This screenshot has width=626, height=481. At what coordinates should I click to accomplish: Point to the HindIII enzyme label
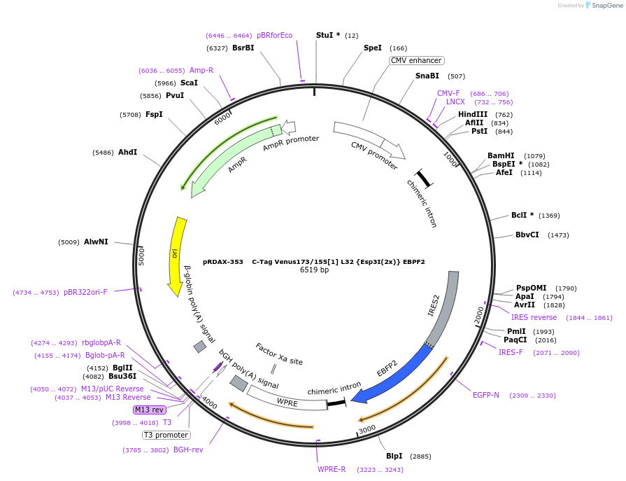[x=473, y=114]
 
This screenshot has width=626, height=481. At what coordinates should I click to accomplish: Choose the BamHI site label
[x=501, y=155]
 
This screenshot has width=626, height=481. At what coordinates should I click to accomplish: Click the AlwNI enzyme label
[x=96, y=242]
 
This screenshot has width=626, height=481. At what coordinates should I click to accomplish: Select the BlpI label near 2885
[x=394, y=456]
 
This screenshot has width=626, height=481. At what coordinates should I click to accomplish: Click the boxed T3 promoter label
[x=166, y=435]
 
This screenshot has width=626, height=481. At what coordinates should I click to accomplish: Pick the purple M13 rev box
[x=148, y=410]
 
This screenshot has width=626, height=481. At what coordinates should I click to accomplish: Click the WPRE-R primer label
[x=332, y=469]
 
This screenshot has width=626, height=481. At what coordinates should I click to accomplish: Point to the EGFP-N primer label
[x=486, y=396]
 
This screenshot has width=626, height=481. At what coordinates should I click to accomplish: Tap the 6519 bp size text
[x=314, y=270]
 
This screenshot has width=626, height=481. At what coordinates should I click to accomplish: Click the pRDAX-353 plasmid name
[x=222, y=262]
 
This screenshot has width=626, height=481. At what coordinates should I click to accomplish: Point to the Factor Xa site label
[x=279, y=354]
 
